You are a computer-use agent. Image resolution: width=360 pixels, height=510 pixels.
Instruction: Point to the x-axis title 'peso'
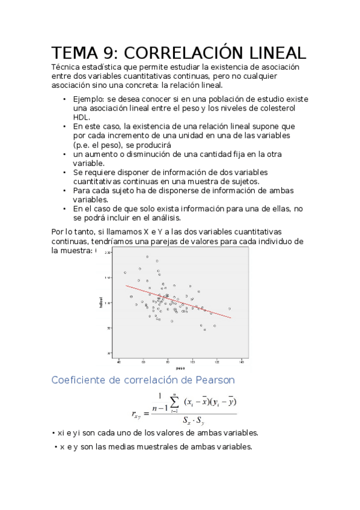(180, 367)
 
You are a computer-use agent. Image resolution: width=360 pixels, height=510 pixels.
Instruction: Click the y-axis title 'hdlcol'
(102, 303)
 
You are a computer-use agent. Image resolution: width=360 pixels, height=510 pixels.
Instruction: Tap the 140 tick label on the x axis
(242, 361)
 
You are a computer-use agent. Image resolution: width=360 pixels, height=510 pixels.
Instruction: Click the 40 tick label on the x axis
(119, 361)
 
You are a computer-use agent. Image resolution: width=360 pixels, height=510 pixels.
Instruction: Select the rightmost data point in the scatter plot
(230, 309)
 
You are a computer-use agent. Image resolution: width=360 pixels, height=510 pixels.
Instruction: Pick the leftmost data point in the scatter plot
(124, 272)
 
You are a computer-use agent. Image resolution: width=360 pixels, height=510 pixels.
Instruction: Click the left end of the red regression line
(126, 286)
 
